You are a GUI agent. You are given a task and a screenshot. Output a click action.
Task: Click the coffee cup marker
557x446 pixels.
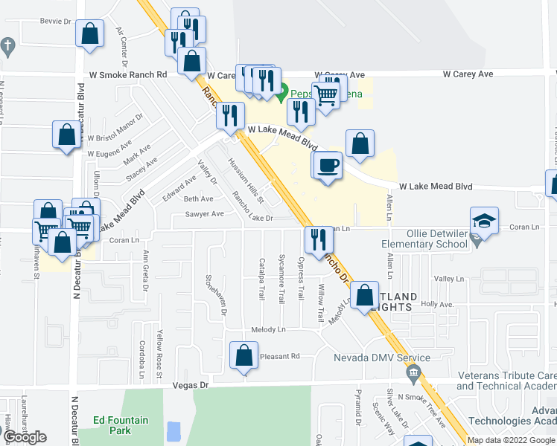tap(328, 164)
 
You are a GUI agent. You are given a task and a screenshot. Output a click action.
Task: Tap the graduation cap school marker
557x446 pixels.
tap(484, 221)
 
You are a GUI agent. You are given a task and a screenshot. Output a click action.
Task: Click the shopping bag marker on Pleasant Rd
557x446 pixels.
tap(244, 356)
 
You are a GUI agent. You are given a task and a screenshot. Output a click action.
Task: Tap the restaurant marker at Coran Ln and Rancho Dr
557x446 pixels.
tap(318, 239)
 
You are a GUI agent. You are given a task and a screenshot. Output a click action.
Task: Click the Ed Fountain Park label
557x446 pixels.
tap(121, 425)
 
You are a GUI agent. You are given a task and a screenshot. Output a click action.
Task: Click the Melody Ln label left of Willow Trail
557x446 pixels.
tap(268, 329)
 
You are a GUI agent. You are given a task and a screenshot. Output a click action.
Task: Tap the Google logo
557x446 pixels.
tap(25, 437)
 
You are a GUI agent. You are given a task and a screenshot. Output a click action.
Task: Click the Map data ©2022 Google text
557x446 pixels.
tap(511, 440)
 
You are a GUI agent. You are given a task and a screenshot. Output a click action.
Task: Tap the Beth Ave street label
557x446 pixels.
tap(199, 199)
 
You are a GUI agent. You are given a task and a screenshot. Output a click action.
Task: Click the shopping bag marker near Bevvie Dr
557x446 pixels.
tap(90, 35)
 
